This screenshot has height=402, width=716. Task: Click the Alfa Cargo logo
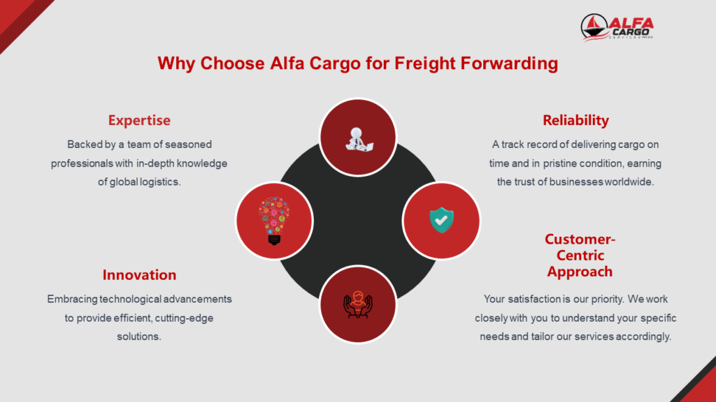617,27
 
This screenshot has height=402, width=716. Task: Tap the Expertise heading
139,120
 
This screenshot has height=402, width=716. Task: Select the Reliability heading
576,120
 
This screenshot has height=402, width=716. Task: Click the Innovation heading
139,275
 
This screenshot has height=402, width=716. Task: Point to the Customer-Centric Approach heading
580,255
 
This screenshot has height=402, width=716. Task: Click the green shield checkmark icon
442,220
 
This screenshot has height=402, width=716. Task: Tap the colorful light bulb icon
274,221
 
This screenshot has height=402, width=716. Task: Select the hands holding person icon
358,304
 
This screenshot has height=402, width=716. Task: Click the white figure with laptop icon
359,140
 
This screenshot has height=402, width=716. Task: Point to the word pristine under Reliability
560,163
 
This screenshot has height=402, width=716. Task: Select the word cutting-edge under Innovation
184,318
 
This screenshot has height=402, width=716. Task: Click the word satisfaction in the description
534,299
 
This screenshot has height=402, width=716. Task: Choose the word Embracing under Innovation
72,299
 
